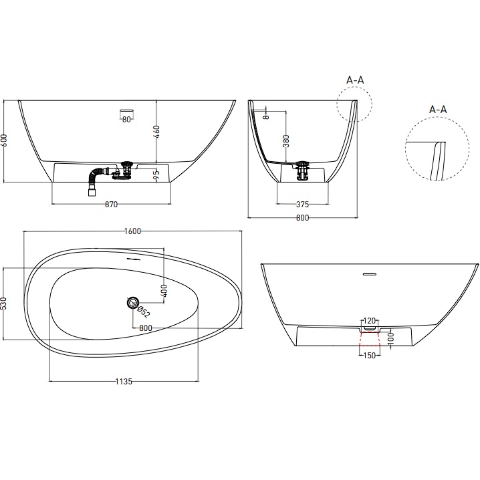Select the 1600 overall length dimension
click(132, 231)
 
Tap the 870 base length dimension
click(112, 205)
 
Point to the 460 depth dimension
click(157, 132)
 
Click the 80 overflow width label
click(126, 120)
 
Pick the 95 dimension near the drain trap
click(157, 175)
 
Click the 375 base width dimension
click(304, 205)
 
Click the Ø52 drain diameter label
click(142, 309)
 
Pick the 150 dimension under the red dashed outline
click(369, 356)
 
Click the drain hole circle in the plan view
click(131, 303)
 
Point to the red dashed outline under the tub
click(369, 342)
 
